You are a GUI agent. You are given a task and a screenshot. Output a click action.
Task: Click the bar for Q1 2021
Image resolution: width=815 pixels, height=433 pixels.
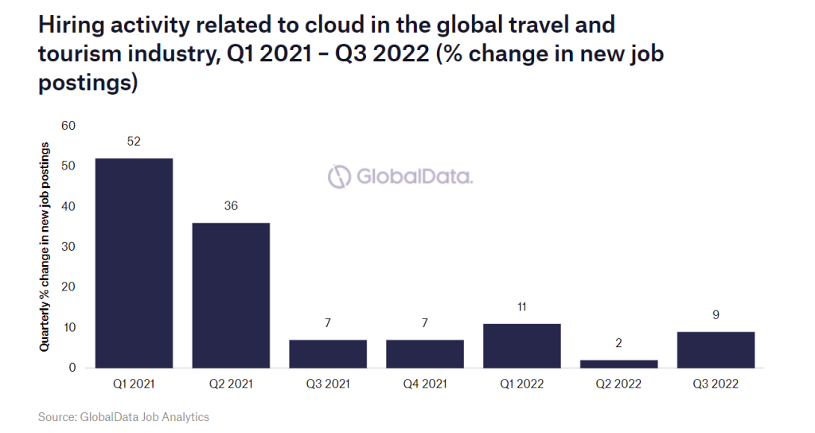click(x=134, y=263)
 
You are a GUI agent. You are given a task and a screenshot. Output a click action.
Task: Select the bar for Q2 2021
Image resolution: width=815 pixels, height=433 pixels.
click(x=231, y=295)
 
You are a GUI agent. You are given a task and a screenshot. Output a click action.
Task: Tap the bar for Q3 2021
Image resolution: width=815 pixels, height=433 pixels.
click(x=328, y=353)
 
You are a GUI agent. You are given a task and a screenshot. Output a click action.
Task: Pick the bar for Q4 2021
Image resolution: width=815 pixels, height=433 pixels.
click(x=425, y=353)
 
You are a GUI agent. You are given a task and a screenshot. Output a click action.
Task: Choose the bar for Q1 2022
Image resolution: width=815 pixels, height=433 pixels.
click(x=522, y=345)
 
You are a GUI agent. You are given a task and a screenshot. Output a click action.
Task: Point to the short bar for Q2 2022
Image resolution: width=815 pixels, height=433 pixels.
click(x=619, y=364)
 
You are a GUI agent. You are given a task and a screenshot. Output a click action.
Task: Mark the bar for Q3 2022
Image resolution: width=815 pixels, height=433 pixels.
click(x=716, y=349)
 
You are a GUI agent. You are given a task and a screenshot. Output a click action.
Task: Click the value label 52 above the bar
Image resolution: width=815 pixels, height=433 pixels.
click(x=134, y=141)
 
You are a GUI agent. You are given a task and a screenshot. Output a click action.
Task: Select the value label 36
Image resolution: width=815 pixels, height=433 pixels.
click(x=231, y=205)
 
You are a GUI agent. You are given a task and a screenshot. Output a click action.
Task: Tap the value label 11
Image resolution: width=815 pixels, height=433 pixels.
click(x=522, y=306)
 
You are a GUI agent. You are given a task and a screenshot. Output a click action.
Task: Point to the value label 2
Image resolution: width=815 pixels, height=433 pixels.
click(x=619, y=343)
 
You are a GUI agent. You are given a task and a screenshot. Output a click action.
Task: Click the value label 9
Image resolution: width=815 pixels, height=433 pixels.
click(x=716, y=314)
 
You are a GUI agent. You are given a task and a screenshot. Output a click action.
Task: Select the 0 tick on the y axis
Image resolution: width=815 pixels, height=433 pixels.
click(x=72, y=368)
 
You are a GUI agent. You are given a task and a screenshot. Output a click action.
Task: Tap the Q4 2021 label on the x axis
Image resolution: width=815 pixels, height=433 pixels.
click(x=425, y=384)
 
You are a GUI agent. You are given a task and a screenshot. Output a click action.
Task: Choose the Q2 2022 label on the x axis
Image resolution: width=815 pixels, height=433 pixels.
click(x=619, y=384)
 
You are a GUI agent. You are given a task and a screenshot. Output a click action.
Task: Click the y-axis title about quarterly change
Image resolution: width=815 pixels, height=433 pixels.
click(x=45, y=247)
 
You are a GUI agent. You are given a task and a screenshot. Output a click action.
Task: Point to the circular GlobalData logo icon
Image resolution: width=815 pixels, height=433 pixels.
click(x=340, y=176)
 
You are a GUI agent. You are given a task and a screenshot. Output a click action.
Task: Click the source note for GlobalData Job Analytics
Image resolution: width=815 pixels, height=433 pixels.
click(x=123, y=416)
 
